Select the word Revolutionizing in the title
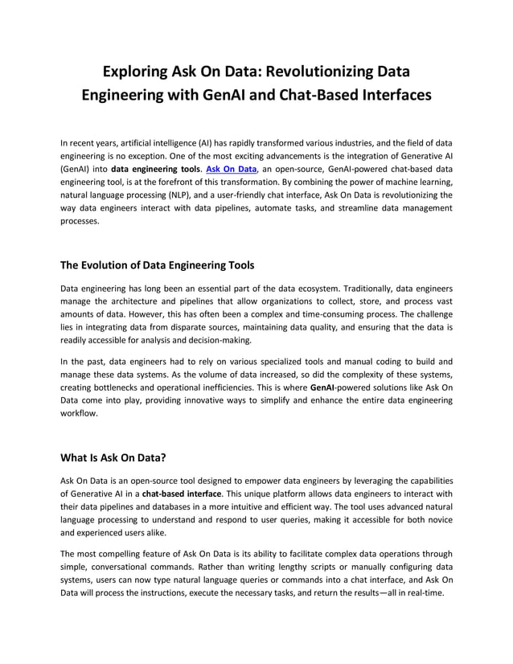(x=330, y=72)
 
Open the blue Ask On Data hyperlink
(x=232, y=170)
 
